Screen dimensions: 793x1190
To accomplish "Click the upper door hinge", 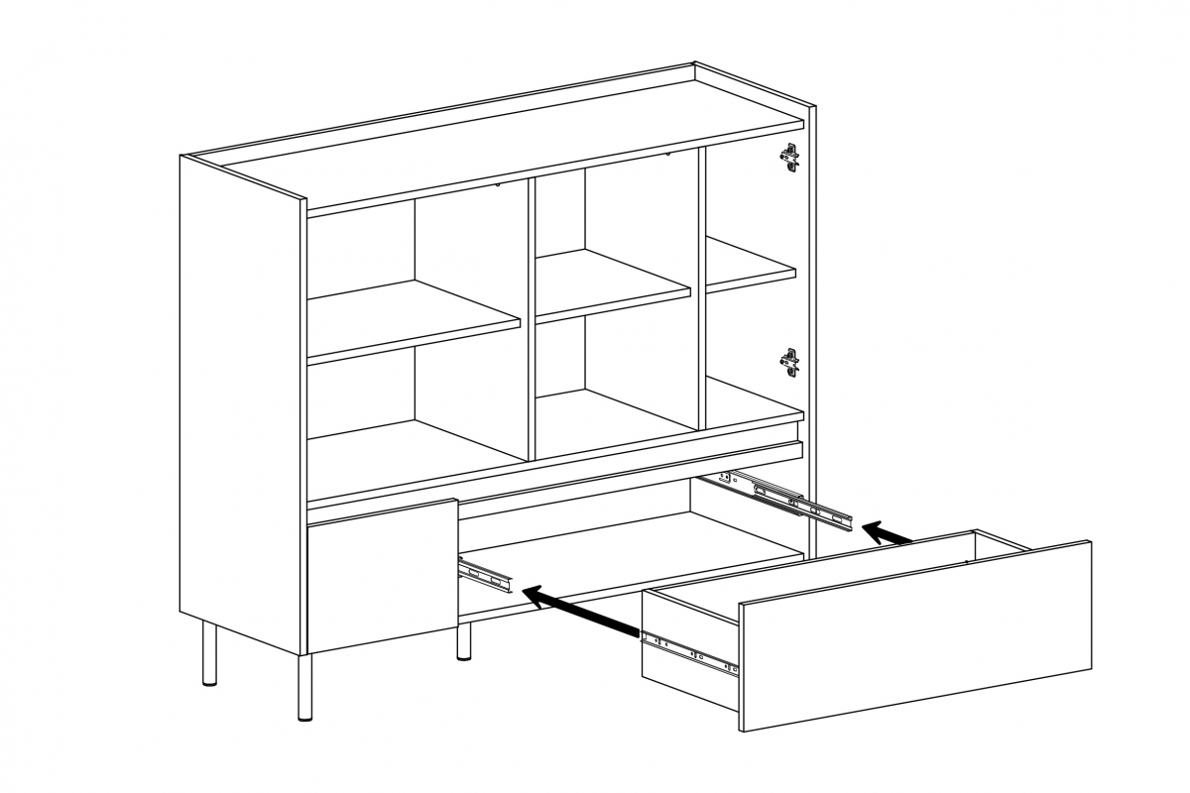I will (789, 158).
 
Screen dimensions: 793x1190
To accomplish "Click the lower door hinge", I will (789, 362).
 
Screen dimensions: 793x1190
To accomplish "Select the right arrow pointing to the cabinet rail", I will (888, 533).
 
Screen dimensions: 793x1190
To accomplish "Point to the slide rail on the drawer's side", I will (689, 654).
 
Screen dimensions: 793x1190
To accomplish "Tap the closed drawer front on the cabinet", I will (382, 575).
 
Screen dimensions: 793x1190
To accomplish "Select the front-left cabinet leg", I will (304, 686).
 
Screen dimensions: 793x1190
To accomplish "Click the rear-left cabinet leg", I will (209, 654).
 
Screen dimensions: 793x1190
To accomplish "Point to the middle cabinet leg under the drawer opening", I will (463, 642).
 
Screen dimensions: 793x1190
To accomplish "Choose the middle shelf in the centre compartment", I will (612, 284).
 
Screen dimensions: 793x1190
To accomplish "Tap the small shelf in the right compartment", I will (750, 265).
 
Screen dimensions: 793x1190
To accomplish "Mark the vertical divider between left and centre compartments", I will (530, 317).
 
